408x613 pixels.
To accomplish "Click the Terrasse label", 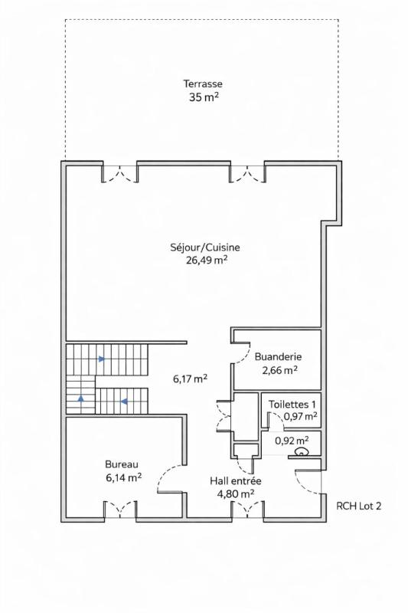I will (x=202, y=84).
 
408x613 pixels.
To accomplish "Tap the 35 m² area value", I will (x=202, y=97).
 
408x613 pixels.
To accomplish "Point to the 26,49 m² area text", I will (x=205, y=260).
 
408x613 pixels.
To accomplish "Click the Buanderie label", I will (x=278, y=356).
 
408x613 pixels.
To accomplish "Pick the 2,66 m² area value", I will (x=278, y=369).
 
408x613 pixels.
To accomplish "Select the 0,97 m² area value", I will (x=300, y=416).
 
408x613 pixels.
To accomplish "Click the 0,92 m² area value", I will (x=292, y=441).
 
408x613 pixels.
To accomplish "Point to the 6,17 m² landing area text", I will (x=190, y=379).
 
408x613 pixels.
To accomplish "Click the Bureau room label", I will (x=121, y=464).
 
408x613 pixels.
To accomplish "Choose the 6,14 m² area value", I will (x=122, y=477).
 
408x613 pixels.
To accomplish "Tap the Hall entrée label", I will (x=236, y=481).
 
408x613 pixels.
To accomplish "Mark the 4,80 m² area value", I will (x=236, y=494).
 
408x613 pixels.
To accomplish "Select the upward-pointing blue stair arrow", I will (x=81, y=399).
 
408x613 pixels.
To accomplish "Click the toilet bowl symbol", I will (x=302, y=453).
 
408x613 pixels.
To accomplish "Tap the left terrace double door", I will (x=120, y=174).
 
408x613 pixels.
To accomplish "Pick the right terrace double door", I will (x=246, y=174).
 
